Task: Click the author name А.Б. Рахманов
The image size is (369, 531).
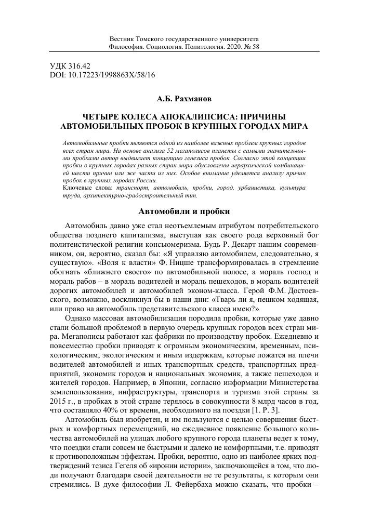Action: coord(184,98)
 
